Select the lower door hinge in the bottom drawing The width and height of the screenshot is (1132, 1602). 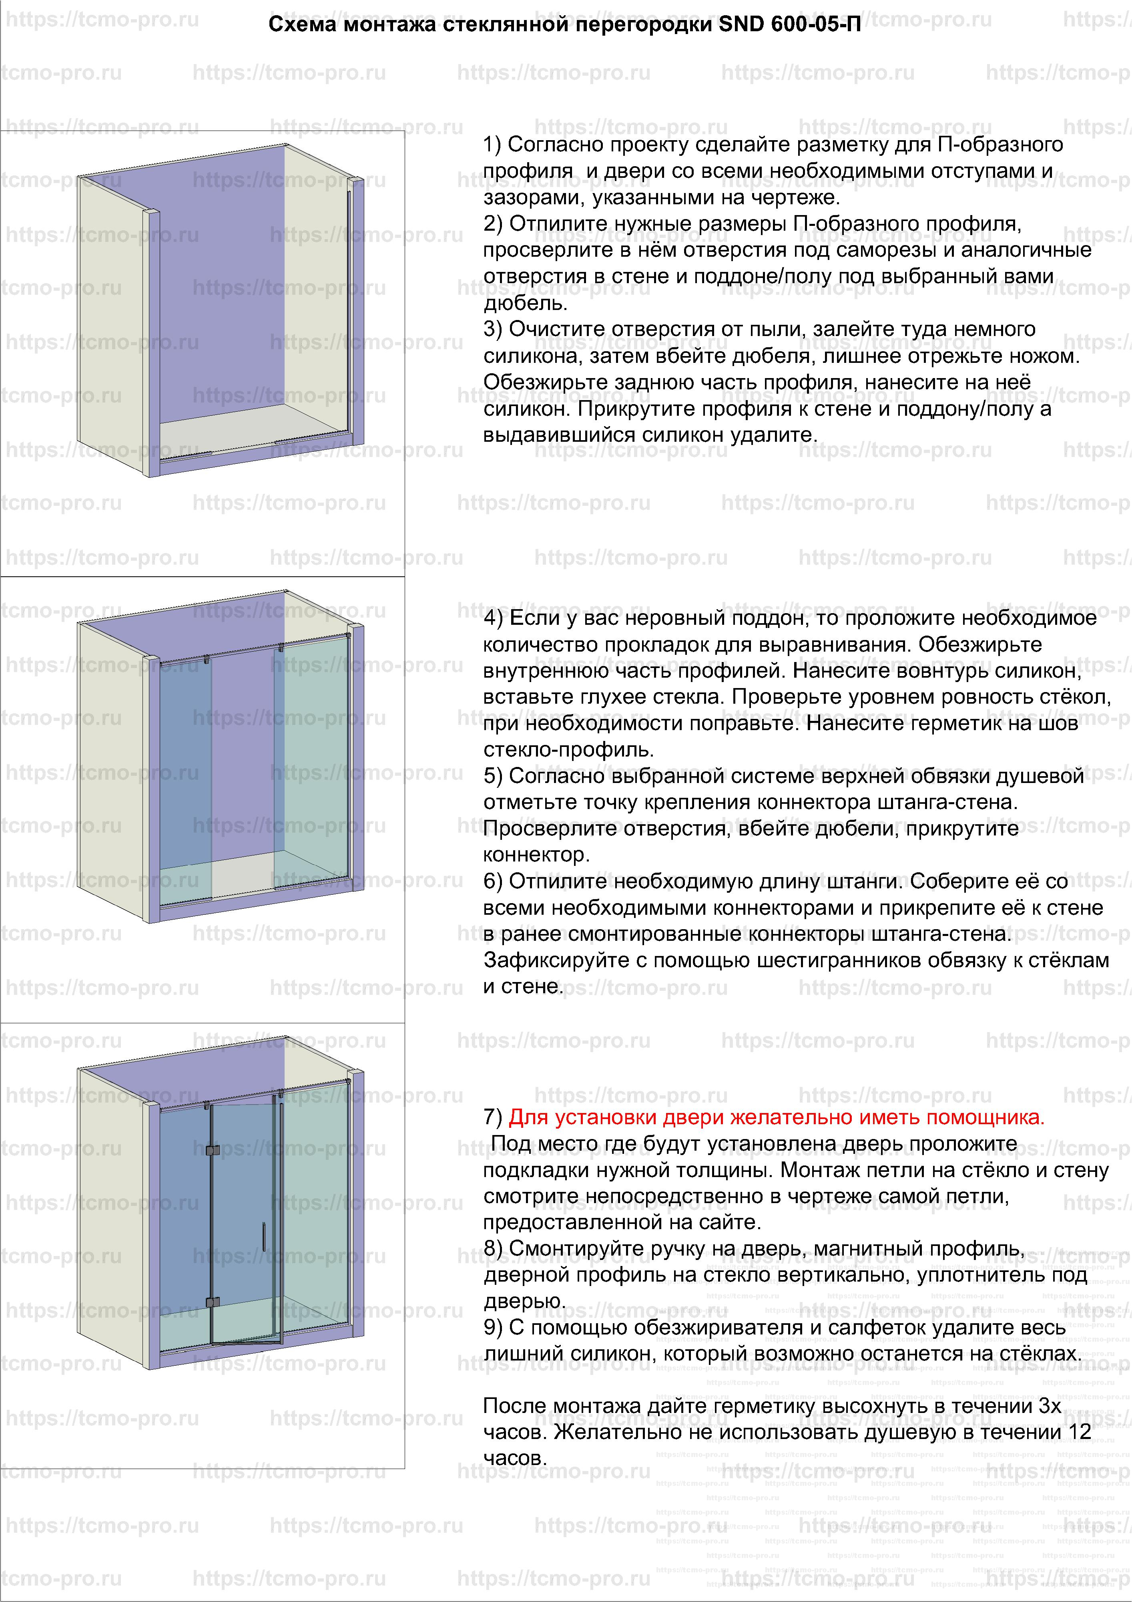[213, 1302]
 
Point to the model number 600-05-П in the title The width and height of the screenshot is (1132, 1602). [816, 25]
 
